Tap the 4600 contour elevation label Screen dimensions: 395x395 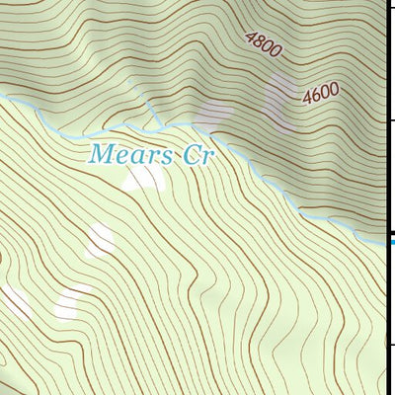[x=321, y=94]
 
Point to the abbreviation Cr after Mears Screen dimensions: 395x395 [x=197, y=154]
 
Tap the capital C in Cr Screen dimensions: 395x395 [x=191, y=154]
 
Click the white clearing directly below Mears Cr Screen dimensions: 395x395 [x=144, y=179]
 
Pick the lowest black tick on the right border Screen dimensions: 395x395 [x=390, y=345]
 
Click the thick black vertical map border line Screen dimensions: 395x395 [x=385, y=197]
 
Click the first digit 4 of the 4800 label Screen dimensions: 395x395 [x=248, y=38]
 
